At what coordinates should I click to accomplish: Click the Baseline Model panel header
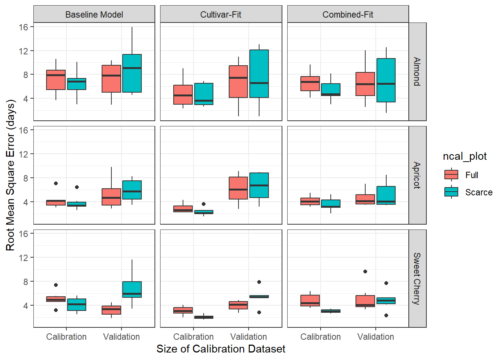(94, 15)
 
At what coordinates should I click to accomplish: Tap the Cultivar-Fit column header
(221, 15)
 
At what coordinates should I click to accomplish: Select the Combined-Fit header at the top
(348, 15)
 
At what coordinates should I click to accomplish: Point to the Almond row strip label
(417, 72)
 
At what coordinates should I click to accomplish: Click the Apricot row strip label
(417, 175)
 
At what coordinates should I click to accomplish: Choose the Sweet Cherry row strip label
(417, 279)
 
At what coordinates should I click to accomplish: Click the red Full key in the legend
(451, 175)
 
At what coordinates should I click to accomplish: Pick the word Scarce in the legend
(478, 192)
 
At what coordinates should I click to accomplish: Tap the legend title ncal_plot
(465, 156)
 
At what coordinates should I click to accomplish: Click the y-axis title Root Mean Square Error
(10, 175)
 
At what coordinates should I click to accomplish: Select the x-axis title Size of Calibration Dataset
(221, 349)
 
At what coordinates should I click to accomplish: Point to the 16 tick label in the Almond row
(24, 27)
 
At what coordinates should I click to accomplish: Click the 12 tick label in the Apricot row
(24, 154)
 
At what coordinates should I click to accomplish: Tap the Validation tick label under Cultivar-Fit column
(249, 337)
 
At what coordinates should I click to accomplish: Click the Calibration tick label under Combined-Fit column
(321, 337)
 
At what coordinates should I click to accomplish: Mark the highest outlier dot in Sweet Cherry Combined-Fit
(365, 271)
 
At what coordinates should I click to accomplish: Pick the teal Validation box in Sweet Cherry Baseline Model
(132, 289)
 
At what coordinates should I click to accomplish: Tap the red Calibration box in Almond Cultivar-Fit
(183, 94)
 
